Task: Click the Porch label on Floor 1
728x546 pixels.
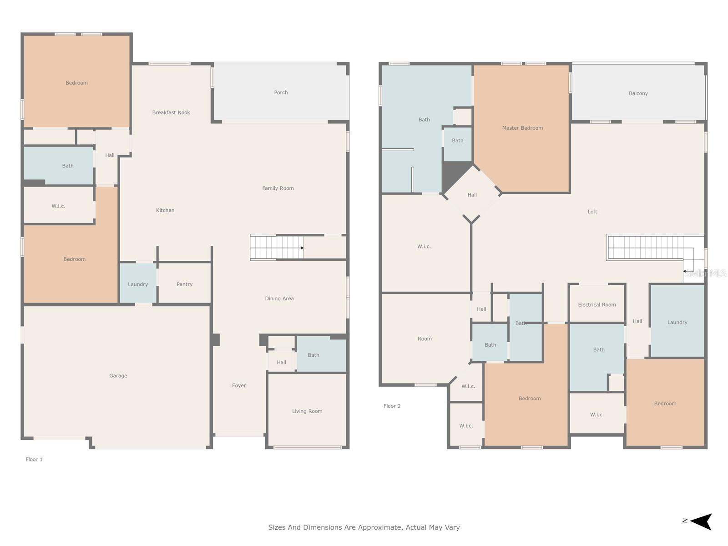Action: [281, 92]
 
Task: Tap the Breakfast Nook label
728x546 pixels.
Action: [171, 112]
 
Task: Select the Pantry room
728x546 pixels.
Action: [184, 283]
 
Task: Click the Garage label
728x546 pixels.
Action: [118, 376]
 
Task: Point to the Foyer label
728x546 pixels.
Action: [239, 385]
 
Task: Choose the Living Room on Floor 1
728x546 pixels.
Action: [307, 410]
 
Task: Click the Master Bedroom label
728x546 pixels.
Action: [522, 128]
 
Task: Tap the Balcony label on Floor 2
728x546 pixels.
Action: [638, 93]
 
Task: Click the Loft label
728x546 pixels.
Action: [592, 212]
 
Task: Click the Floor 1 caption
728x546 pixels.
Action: [34, 459]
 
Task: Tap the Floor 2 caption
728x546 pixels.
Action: [392, 406]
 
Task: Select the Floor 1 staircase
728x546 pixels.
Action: [277, 248]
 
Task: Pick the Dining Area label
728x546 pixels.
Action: [279, 298]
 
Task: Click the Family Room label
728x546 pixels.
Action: [278, 188]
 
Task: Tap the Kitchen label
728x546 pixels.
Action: [165, 210]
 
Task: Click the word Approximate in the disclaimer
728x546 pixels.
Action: [380, 527]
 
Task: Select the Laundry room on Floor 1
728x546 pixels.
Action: [138, 283]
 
